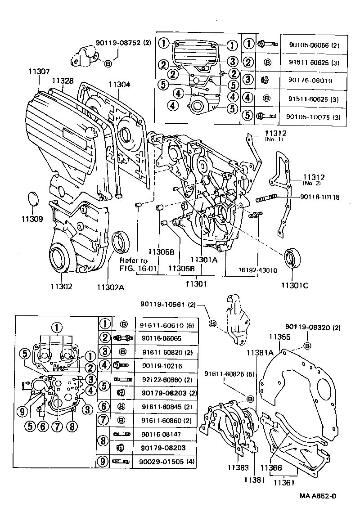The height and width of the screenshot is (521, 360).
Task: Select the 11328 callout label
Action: click(62, 80)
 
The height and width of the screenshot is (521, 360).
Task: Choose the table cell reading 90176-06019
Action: click(310, 81)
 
